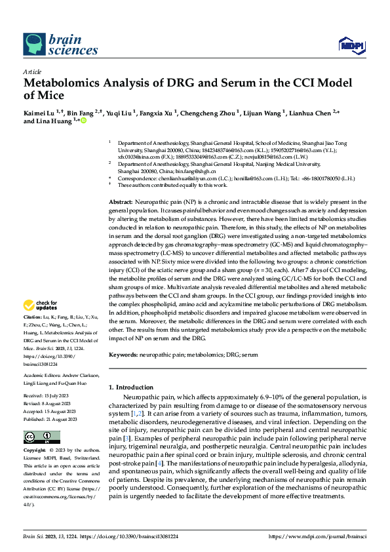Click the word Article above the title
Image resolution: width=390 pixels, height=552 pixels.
coord(31,71)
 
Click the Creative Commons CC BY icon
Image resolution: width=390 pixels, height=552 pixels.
coord(38,437)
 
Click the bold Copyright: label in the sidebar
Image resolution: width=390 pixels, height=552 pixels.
coord(35,452)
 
